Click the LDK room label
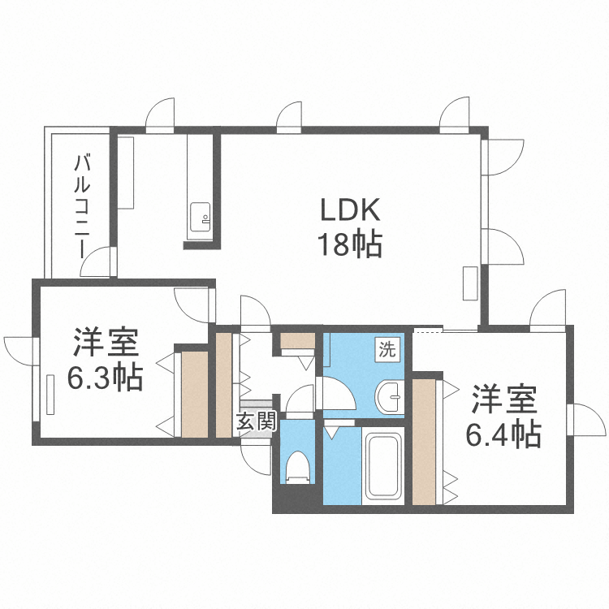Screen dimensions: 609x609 pyautogui.click(x=350, y=211)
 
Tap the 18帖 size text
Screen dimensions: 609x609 pyautogui.click(x=350, y=244)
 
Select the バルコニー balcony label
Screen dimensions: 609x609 pyautogui.click(x=82, y=204)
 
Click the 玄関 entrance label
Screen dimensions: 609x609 pyautogui.click(x=257, y=421)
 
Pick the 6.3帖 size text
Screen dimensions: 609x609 pyautogui.click(x=105, y=377)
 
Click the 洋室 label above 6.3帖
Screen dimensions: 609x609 pyautogui.click(x=106, y=343)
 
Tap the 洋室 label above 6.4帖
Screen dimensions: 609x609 pyautogui.click(x=503, y=401)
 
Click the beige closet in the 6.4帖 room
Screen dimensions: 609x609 pyautogui.click(x=424, y=440)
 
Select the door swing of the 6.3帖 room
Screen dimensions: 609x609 pyautogui.click(x=193, y=306)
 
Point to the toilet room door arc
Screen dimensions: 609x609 pyautogui.click(x=300, y=400)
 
